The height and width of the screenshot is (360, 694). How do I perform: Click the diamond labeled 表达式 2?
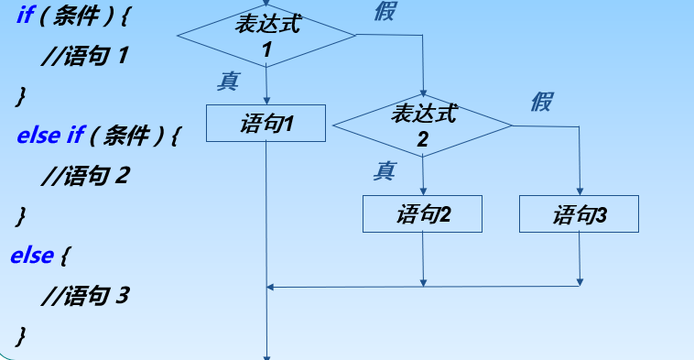(423, 125)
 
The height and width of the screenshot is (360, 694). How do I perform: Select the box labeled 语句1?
(266, 123)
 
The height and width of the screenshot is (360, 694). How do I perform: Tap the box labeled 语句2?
(423, 214)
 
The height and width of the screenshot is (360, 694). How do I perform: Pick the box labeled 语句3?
(579, 214)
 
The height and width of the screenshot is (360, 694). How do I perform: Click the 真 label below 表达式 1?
(228, 81)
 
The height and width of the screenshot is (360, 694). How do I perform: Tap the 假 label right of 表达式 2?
(541, 100)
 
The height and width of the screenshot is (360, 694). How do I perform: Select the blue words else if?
(50, 136)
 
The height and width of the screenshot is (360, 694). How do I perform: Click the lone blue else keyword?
(31, 255)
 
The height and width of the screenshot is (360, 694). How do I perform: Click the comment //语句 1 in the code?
(86, 56)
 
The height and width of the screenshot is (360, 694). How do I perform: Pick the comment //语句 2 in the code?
(86, 175)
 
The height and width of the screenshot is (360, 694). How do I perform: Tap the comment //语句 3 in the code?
(86, 295)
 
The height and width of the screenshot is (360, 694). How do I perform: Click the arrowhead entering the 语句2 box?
(423, 191)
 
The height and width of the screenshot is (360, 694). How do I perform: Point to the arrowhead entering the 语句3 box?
(579, 191)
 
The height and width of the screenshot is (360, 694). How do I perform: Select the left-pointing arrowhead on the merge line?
(271, 287)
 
